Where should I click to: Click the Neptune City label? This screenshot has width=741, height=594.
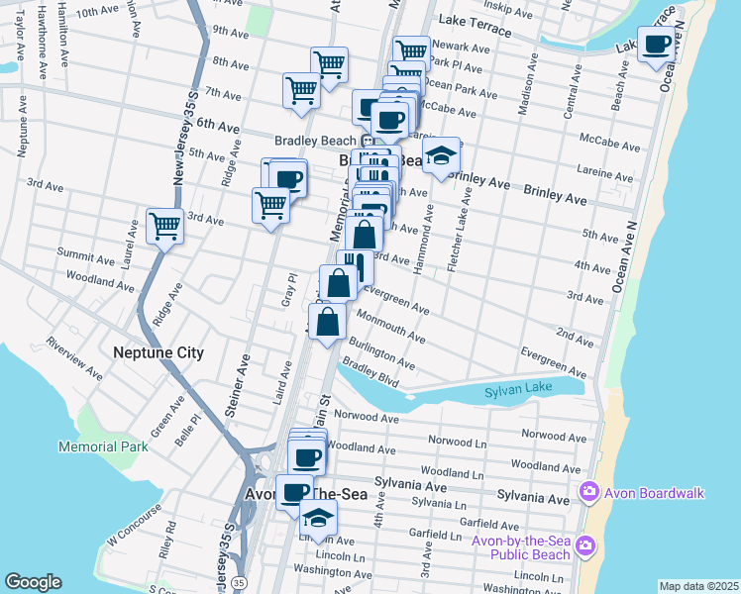159,352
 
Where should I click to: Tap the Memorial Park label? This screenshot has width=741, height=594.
103,446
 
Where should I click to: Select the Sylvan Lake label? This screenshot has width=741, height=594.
516,393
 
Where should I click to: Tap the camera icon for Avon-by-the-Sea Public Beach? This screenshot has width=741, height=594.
585,545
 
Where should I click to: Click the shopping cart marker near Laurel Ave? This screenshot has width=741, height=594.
164,226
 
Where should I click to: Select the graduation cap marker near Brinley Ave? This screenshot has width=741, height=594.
442,155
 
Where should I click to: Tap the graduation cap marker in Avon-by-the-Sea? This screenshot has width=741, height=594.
317,517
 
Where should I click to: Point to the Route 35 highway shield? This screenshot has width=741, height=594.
238,583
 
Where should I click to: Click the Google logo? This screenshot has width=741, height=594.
34,582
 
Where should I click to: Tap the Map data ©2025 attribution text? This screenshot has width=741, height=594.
699,586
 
